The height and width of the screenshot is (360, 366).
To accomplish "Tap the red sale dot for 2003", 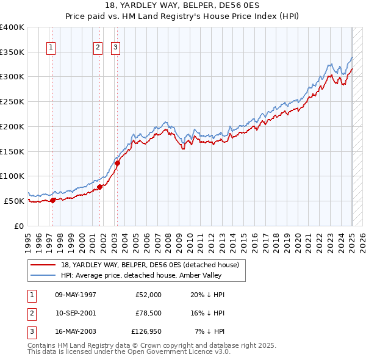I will click(118, 162).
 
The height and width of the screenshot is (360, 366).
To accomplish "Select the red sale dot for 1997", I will click(53, 200).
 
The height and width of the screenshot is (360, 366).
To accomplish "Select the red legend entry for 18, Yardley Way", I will click(152, 265).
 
